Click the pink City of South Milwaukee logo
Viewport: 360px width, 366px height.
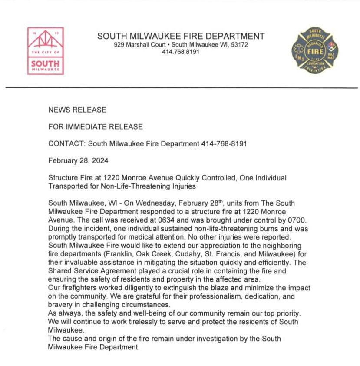46,51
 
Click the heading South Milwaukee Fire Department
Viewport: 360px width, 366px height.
181,36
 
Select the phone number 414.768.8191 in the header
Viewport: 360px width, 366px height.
181,52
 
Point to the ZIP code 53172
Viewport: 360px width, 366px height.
240,45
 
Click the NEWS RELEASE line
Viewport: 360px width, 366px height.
77,110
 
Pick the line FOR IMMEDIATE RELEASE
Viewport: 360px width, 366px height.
96,127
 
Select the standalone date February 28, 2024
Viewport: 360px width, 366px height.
78,160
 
